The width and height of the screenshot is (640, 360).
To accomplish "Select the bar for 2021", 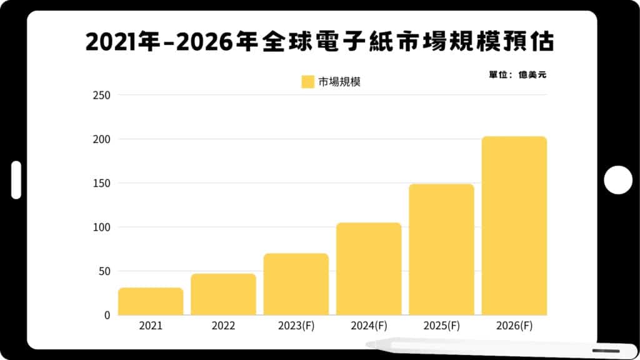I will point(151,301).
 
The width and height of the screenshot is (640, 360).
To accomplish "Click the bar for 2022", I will point(223,294).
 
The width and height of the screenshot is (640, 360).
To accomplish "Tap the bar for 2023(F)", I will point(296,284).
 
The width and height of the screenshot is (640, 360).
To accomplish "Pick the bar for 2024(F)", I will point(369,269).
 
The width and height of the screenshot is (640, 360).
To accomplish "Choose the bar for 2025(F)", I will point(441,249).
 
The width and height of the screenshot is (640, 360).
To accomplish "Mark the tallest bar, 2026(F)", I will point(514,226).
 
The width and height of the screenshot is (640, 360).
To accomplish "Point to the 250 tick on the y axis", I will point(101,95).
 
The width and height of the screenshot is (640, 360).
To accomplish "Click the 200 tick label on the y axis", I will point(101,139).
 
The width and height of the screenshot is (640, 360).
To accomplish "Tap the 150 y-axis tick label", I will point(101,183).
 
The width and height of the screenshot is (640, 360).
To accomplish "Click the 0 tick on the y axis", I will point(106,315).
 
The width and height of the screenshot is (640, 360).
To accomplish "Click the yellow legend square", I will point(307,82).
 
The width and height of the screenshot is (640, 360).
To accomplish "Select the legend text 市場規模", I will point(339,82).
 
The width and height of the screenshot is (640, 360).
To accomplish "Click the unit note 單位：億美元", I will point(517,75).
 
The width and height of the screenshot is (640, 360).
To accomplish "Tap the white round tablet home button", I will point(618,180).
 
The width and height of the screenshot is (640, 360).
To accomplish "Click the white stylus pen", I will point(487,347).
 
